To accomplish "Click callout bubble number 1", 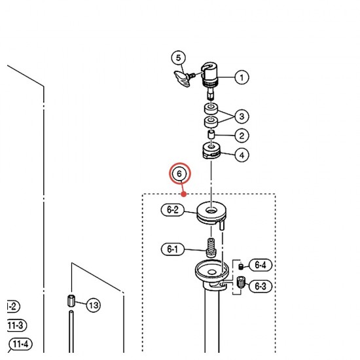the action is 242,77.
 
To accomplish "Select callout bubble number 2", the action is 242,135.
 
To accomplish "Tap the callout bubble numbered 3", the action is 242,116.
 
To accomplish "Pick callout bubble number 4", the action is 242,155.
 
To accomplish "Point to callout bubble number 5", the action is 179,58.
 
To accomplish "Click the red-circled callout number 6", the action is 180,173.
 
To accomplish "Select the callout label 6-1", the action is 173,249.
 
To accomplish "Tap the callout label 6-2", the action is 173,209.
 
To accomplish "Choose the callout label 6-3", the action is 261,286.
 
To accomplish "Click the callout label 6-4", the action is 261,265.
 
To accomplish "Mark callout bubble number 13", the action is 94,305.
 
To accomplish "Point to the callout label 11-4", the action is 21,344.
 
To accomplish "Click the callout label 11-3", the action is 16,325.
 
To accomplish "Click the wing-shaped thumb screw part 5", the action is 185,79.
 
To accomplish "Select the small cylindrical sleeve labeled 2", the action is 211,134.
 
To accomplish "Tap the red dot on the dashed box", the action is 184,194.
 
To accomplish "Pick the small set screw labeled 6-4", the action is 241,266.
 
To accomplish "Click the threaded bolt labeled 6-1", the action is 211,248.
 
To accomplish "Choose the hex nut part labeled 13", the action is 71,301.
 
